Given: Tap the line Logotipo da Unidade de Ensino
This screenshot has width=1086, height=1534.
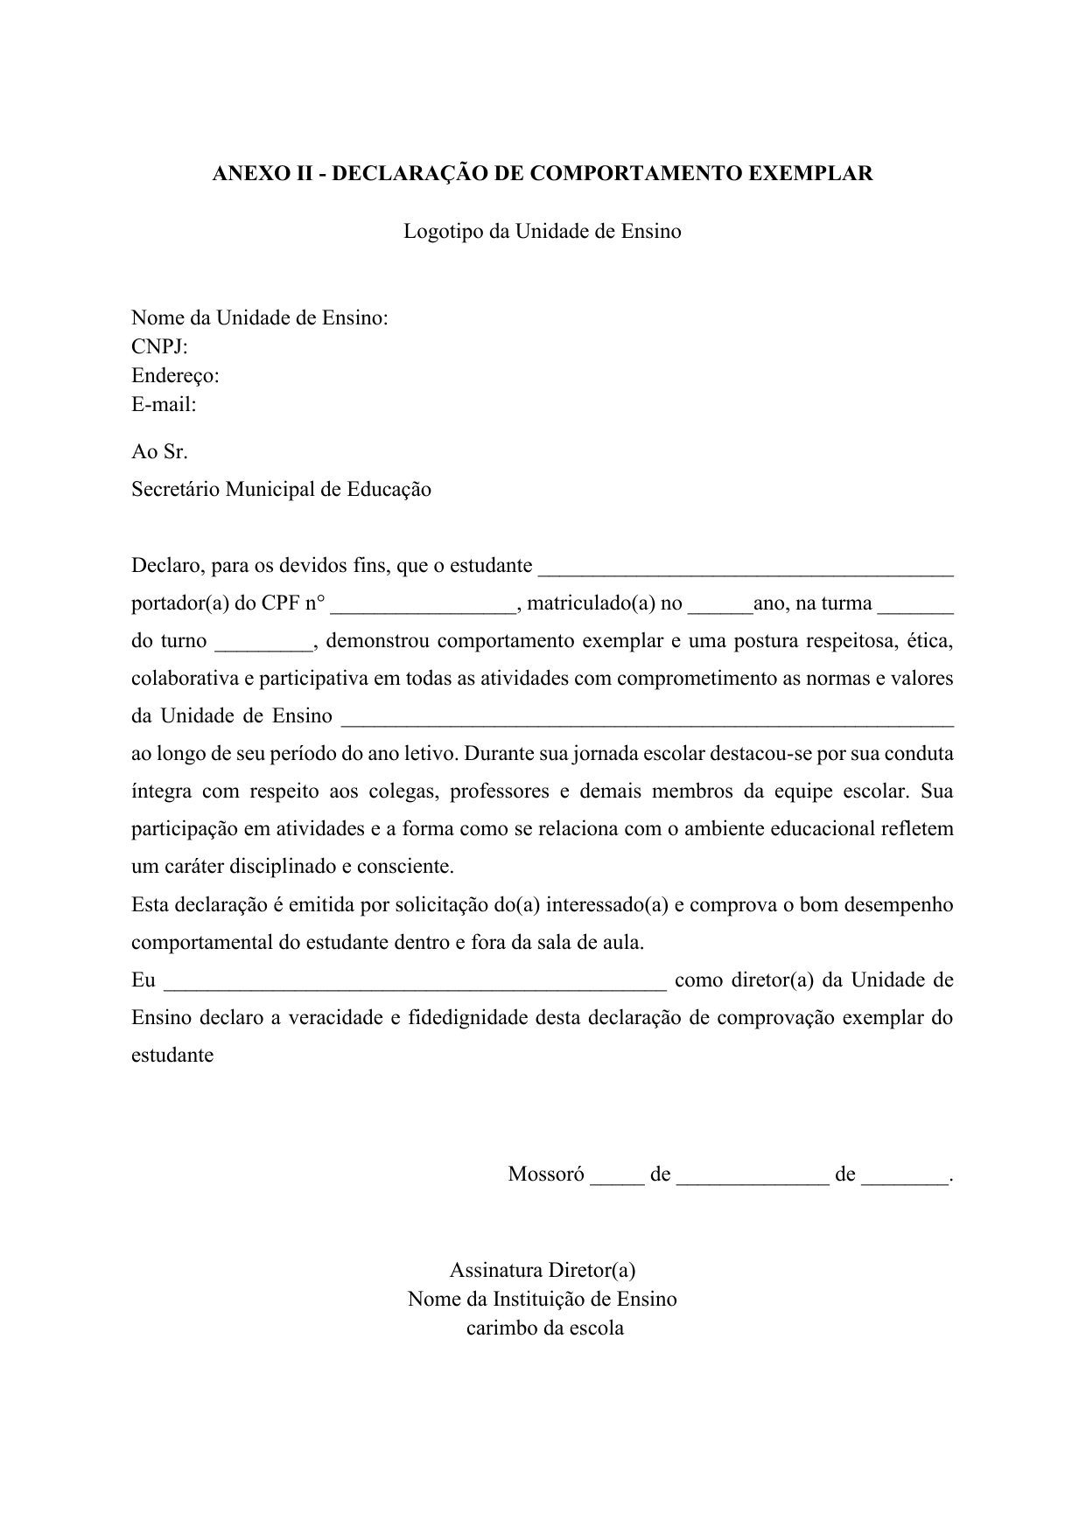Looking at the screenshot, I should pos(542,232).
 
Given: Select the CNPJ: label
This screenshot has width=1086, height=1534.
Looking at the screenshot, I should pos(159,346).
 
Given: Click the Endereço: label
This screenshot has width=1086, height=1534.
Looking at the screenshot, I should pos(175,375).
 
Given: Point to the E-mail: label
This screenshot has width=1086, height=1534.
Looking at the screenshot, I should pos(164,404).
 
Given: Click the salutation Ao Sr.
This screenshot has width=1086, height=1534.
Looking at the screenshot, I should pos(159,452).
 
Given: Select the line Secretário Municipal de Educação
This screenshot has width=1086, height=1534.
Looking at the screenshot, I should pos(281,490).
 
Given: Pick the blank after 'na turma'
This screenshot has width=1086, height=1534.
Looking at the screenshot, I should pos(915,608).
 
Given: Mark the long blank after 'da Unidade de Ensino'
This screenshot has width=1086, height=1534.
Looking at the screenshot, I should pos(647,721).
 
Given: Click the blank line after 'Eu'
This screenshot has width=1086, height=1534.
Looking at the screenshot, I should pos(416,985).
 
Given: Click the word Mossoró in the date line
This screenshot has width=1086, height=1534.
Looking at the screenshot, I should pos(546,1175).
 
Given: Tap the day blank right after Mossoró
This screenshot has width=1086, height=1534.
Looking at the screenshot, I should pos(617,1179).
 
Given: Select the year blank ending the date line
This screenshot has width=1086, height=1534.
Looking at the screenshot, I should pos(905,1179).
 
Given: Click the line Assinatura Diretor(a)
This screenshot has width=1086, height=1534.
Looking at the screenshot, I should pos(542,1270).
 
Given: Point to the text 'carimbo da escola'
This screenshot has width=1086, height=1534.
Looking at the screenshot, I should pos(544,1328).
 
